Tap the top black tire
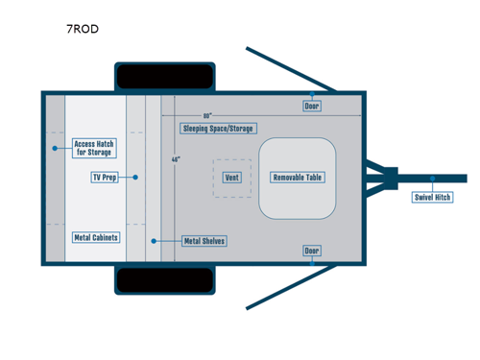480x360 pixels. [x=165, y=76]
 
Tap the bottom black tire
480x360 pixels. [x=165, y=280]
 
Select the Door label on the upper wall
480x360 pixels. [x=312, y=106]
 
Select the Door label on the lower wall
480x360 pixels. [x=312, y=251]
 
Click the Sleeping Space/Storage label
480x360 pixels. [x=219, y=128]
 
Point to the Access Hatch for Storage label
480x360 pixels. [x=94, y=148]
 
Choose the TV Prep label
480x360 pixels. [x=105, y=178]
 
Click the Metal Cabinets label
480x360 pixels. [x=96, y=237]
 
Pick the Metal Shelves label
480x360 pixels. [x=204, y=241]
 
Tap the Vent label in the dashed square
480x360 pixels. [x=231, y=178]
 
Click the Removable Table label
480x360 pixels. [x=298, y=178]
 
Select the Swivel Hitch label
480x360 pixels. [x=432, y=197]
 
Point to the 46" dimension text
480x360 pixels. [x=176, y=159]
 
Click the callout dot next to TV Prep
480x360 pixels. [x=136, y=178]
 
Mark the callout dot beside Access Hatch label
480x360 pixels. [x=56, y=148]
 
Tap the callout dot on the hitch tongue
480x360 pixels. [x=433, y=178]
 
